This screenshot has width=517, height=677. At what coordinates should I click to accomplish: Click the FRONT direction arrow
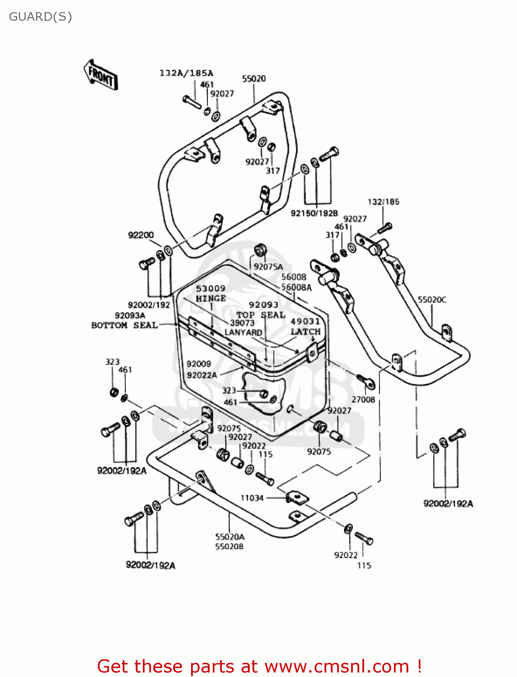tap(101, 74)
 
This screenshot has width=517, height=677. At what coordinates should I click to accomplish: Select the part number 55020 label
tap(254, 79)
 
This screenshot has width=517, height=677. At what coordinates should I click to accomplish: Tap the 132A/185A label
tap(186, 73)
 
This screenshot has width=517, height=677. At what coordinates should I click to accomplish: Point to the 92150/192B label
tap(314, 213)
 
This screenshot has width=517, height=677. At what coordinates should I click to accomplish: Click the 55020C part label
tap(432, 300)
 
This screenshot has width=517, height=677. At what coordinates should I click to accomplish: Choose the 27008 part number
tap(363, 399)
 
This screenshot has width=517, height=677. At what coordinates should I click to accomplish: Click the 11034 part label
tap(252, 498)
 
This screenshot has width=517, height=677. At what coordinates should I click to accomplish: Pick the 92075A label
tap(268, 267)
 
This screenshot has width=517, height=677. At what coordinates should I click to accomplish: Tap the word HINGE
tap(211, 298)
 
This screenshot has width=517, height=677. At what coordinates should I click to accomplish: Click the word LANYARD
tap(243, 332)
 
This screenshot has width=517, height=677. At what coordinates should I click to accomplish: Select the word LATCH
tap(306, 331)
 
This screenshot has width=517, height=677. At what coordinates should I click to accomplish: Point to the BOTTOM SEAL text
tap(124, 325)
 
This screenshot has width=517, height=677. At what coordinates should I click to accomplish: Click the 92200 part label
tap(141, 235)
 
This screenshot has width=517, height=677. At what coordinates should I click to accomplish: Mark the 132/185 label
tap(384, 202)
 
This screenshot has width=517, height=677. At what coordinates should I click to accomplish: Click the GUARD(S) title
tap(41, 17)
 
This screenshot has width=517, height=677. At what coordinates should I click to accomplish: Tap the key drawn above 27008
tap(366, 382)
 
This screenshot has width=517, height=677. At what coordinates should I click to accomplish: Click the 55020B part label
tap(229, 547)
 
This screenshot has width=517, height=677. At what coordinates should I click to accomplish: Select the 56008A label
tap(297, 287)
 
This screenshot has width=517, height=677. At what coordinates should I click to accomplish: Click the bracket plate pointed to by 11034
tap(297, 498)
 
